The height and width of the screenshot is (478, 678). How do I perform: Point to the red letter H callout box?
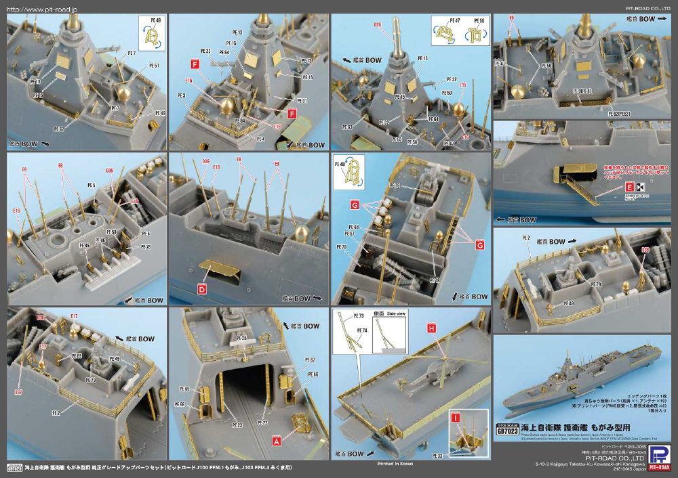point(431,328)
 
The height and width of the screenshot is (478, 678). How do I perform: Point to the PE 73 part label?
point(359,316)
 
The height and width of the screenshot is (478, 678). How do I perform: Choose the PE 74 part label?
point(361,330)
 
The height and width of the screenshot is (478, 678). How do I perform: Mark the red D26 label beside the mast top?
point(378,25)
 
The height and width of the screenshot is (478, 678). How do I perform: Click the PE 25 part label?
point(240,337)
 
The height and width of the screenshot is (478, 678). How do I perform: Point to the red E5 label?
point(511,17)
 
